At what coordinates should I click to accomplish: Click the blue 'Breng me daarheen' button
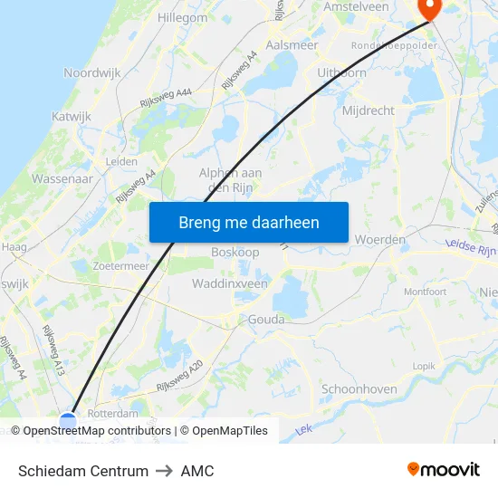[249, 222]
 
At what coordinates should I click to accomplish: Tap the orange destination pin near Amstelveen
[427, 8]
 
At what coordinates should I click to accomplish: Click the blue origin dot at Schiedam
[68, 421]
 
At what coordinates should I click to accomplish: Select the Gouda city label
[265, 320]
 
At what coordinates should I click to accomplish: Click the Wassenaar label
[62, 179]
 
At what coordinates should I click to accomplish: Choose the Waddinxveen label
[230, 283]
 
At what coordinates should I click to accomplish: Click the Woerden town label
[381, 240]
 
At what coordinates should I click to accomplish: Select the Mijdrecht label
[369, 110]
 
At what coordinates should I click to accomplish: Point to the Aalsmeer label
[292, 44]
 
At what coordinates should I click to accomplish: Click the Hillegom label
[183, 17]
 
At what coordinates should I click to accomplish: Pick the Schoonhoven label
[359, 389]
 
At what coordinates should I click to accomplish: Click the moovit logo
[444, 470]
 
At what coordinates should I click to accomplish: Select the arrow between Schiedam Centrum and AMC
[165, 471]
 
